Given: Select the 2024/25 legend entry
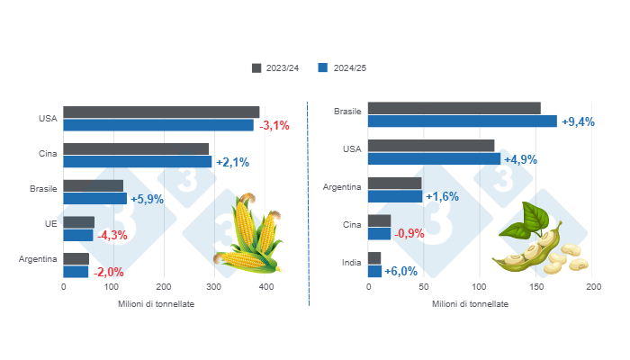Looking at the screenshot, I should pyautogui.click(x=344, y=68).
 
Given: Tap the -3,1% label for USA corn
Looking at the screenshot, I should pyautogui.click(x=274, y=126).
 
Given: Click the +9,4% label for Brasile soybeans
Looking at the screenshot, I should pyautogui.click(x=578, y=121).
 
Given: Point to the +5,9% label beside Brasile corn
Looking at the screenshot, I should pyautogui.click(x=148, y=199).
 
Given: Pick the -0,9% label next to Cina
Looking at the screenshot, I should pyautogui.click(x=410, y=234).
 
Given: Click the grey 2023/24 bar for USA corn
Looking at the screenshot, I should pyautogui.click(x=161, y=112).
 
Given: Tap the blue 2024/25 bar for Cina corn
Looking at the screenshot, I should pyautogui.click(x=138, y=162).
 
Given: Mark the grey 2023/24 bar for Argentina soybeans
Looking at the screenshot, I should pyautogui.click(x=395, y=184).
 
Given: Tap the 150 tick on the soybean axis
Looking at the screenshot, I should pyautogui.click(x=536, y=286).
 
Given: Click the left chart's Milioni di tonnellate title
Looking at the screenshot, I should pyautogui.click(x=157, y=303).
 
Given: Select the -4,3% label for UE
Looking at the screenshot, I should pyautogui.click(x=112, y=235).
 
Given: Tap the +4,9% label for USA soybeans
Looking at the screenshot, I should pyautogui.click(x=521, y=159).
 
